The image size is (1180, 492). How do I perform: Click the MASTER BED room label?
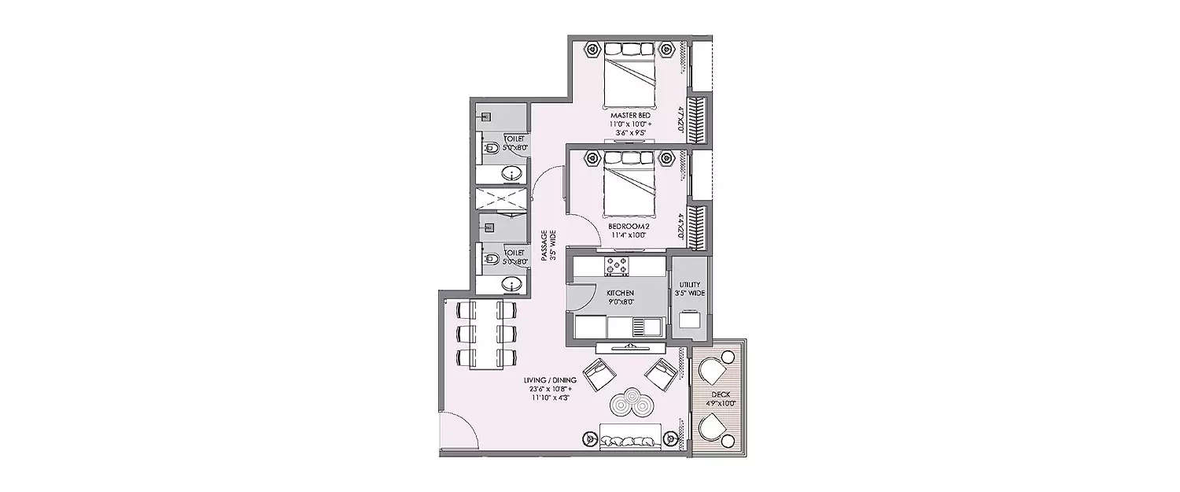pos(629,116)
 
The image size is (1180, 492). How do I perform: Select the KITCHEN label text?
pos(620,292)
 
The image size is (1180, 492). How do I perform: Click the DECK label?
pos(721,396)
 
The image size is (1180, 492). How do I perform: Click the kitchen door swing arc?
pos(581,300)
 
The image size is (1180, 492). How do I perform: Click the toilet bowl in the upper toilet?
pos(489,146)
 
